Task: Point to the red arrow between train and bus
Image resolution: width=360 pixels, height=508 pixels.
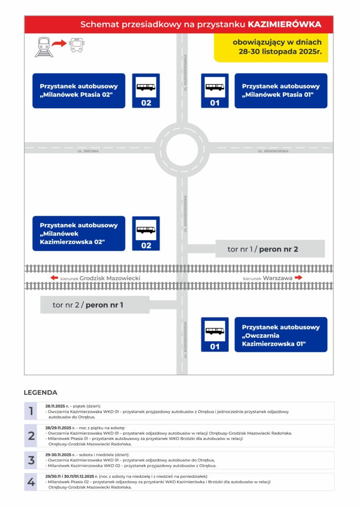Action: click(x=60, y=45)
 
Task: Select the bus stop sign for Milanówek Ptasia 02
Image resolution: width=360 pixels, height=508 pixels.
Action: click(x=146, y=91)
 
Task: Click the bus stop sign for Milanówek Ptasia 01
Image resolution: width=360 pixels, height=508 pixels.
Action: click(x=215, y=91)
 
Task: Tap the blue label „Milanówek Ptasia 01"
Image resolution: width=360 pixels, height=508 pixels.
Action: click(x=281, y=91)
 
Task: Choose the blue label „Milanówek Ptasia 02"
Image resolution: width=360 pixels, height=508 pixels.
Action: click(x=77, y=91)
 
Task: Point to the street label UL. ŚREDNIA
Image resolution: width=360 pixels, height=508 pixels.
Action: click(x=88, y=151)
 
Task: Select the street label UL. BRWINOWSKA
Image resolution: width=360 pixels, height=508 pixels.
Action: click(x=273, y=151)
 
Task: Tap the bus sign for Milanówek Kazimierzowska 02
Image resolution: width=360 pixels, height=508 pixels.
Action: click(x=146, y=234)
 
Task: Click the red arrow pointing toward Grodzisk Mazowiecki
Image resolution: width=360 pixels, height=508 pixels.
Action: click(x=55, y=278)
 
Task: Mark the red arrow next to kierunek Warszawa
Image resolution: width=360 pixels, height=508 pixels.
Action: click(x=298, y=278)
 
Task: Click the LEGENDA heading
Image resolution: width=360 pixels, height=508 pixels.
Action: click(x=40, y=392)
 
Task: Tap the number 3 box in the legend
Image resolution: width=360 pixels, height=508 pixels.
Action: click(x=31, y=460)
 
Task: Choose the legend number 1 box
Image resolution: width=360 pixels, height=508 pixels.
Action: click(x=31, y=411)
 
